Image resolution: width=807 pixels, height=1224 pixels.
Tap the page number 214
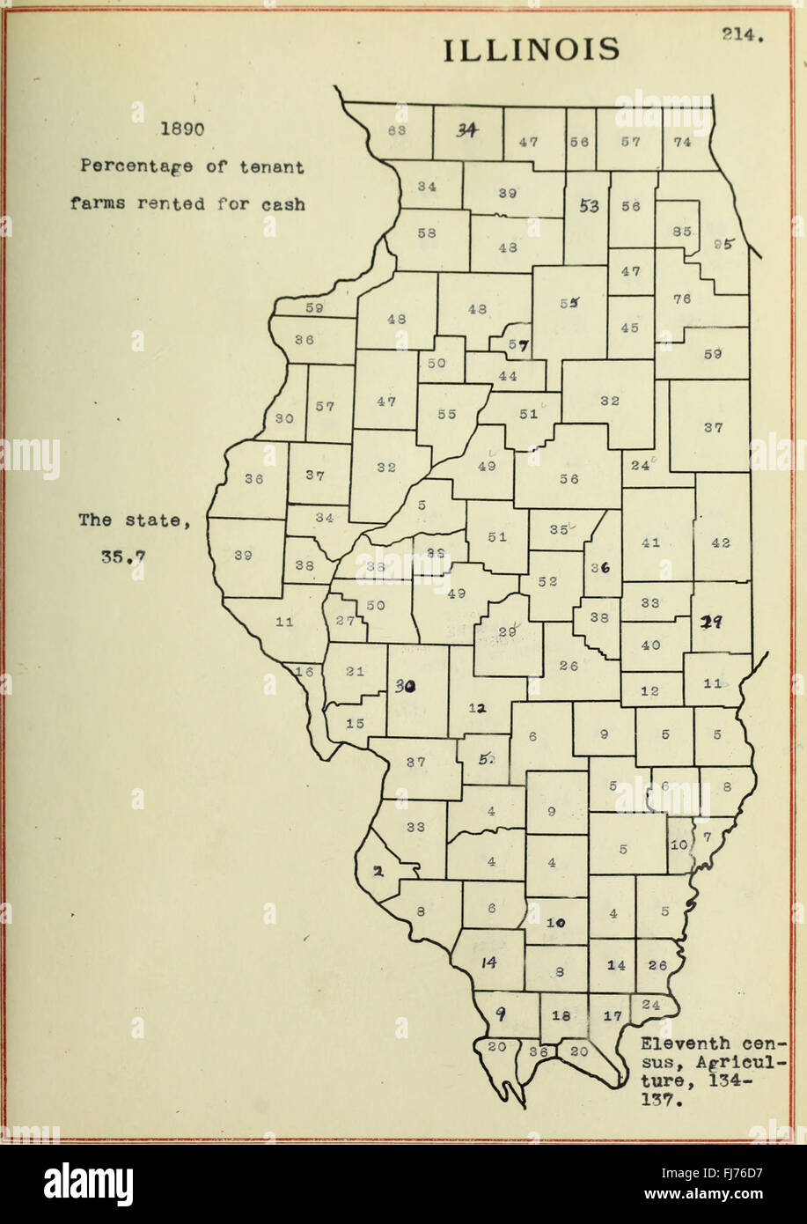pos(742,35)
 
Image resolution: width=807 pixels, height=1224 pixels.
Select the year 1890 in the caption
pos(181,129)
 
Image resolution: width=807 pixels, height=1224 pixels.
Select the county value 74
pos(682,141)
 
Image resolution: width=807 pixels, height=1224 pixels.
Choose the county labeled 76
pos(682,299)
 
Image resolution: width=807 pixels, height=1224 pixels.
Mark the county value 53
pos(589,206)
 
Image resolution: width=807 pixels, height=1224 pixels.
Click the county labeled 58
pos(427,233)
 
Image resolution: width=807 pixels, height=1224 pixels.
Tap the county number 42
pos(720,542)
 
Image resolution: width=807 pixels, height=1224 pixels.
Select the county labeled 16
pos(304,672)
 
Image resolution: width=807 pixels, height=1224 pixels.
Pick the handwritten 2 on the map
pos(377,873)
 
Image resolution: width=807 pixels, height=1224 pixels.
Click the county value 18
pos(561,1015)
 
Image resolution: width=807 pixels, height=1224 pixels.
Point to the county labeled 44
pos(508,376)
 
